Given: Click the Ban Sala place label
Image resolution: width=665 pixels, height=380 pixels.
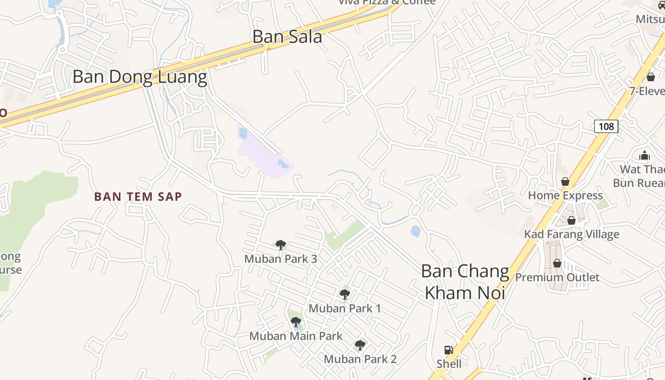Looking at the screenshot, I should click(287, 37).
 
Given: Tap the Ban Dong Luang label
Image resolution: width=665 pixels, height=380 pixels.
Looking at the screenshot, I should click(140, 76).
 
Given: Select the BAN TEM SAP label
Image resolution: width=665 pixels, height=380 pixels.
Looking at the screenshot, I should click(138, 196).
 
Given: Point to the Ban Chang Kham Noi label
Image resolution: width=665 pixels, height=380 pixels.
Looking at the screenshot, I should click(465, 282).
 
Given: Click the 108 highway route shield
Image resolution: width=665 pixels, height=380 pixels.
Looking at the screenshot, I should click(606, 126).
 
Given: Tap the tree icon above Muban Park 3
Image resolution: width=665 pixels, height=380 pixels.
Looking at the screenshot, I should click(281, 245).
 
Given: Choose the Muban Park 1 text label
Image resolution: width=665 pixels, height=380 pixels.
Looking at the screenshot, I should click(345, 308).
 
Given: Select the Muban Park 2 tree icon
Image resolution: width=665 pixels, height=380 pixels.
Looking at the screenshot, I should click(360, 345).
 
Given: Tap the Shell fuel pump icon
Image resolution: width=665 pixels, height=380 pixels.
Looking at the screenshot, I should click(448, 351).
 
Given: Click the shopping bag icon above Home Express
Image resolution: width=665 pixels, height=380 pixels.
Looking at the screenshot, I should click(565, 181).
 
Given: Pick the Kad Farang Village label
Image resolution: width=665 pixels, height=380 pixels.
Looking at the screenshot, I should click(571, 234).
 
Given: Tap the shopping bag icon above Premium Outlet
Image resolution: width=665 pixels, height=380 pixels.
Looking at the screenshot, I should click(557, 263).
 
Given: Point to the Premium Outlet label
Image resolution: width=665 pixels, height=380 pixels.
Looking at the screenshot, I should click(557, 277).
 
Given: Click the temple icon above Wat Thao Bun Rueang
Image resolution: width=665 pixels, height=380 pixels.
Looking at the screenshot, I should click(644, 155).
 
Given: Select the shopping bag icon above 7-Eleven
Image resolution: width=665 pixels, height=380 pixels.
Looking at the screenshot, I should click(651, 77).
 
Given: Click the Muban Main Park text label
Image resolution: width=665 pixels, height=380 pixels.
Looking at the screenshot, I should click(296, 336).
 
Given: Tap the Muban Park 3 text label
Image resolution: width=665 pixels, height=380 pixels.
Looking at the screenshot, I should click(281, 259).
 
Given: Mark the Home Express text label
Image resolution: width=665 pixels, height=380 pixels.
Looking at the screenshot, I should click(565, 195).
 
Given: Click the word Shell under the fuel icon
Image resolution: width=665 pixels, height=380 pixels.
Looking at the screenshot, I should click(449, 364).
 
